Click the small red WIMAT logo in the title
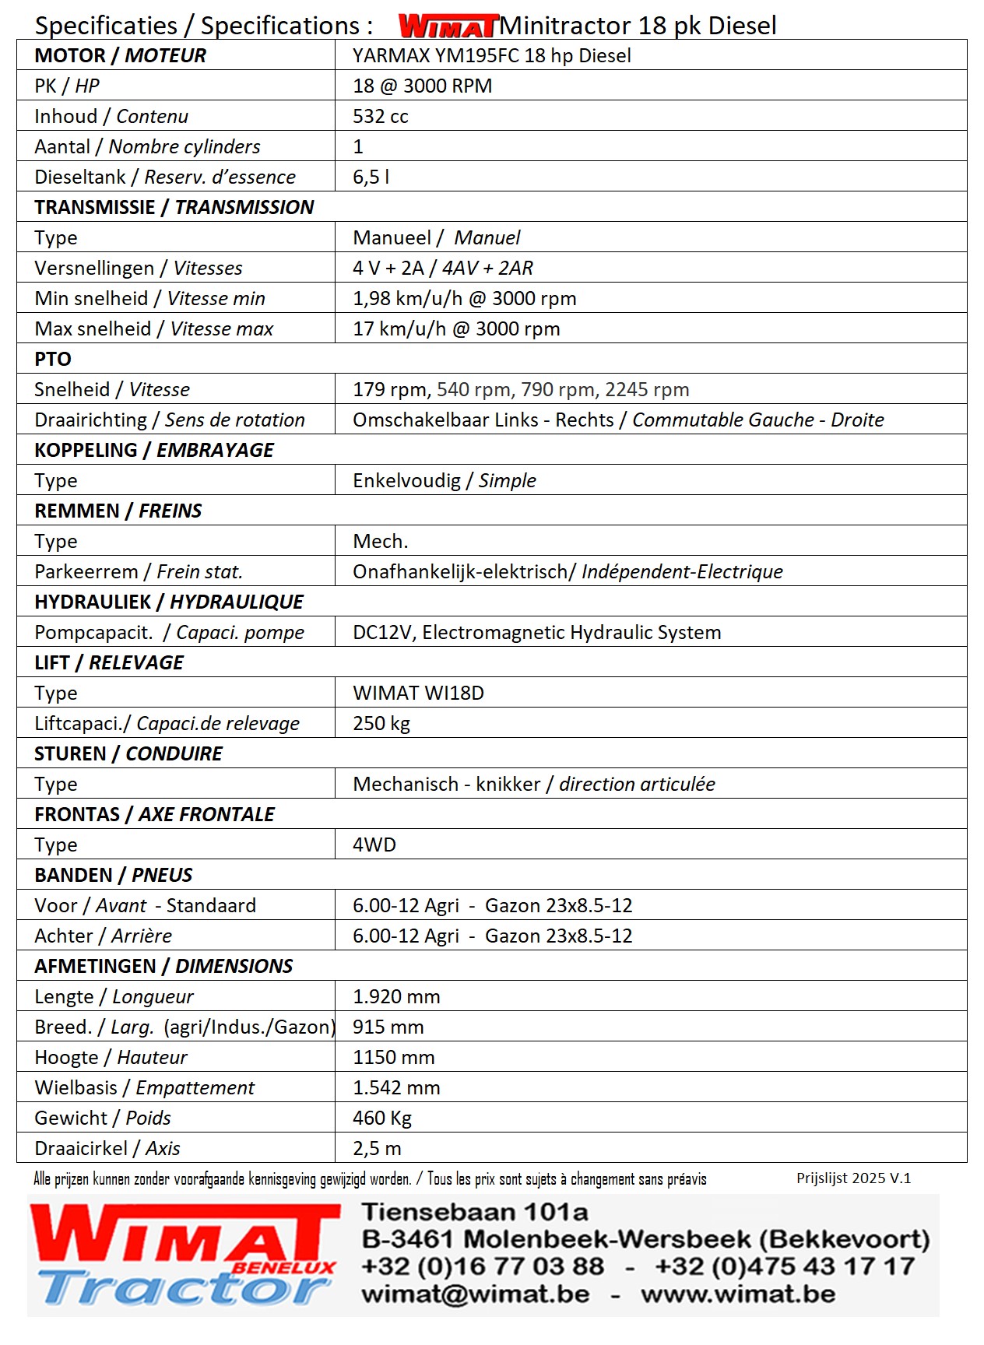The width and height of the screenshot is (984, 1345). tap(448, 26)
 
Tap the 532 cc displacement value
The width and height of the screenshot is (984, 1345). tap(380, 117)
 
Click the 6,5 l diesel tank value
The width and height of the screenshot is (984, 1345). tap(371, 177)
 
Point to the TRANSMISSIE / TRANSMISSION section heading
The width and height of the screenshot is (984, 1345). tap(174, 208)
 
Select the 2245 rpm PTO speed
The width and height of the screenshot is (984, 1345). tap(647, 390)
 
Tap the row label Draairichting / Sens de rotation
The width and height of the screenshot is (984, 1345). tap(170, 420)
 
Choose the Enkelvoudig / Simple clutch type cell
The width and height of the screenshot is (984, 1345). tap(444, 481)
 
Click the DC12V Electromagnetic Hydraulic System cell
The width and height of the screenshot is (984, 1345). tap(536, 633)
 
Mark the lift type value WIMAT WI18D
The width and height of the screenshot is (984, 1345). tap(418, 694)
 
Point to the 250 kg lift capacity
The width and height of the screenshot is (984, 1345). tap(381, 724)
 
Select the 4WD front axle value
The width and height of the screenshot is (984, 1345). tap(374, 845)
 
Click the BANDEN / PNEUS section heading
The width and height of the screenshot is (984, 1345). tap(113, 876)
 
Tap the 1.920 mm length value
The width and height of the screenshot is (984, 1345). tap(396, 997)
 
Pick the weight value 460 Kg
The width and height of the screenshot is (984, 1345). tap(381, 1118)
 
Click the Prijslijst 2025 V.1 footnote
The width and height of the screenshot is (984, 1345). tap(853, 1178)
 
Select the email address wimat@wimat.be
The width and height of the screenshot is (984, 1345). tap(475, 1294)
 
